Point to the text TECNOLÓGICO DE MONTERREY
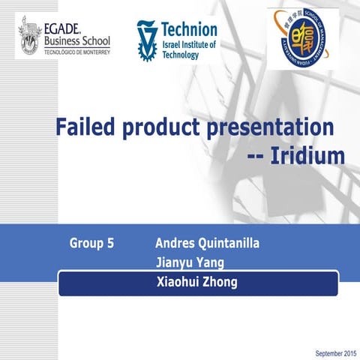point(77,52)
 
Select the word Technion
point(190,30)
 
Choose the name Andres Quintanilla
point(208,243)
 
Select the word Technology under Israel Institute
point(181,55)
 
